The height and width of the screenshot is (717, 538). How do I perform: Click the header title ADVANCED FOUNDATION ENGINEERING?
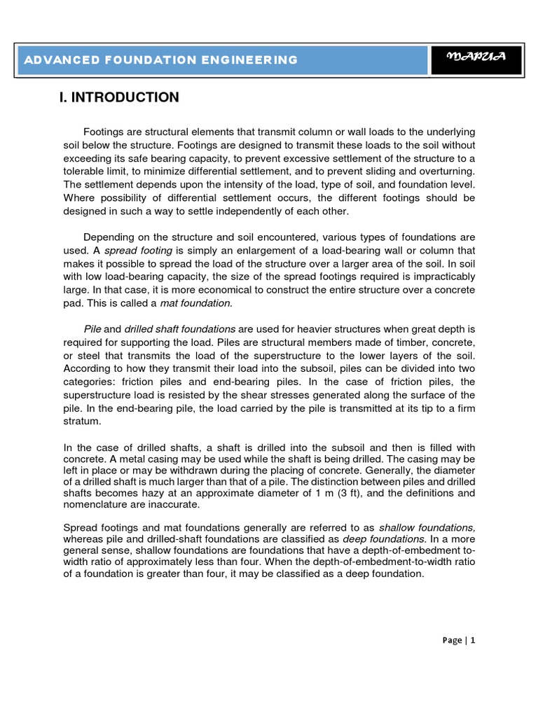[161, 60]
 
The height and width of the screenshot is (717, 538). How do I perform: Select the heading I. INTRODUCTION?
[119, 97]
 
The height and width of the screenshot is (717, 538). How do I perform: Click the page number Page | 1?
[459, 640]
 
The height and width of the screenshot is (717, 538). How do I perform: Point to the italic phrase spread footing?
[139, 251]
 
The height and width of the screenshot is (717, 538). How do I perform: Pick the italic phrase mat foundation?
[195, 302]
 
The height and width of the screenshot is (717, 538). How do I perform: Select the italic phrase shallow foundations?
[427, 527]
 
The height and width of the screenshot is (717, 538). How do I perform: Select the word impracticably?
[439, 277]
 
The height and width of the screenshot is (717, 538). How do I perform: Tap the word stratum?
[81, 422]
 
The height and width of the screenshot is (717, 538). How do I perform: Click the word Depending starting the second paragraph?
[109, 237]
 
